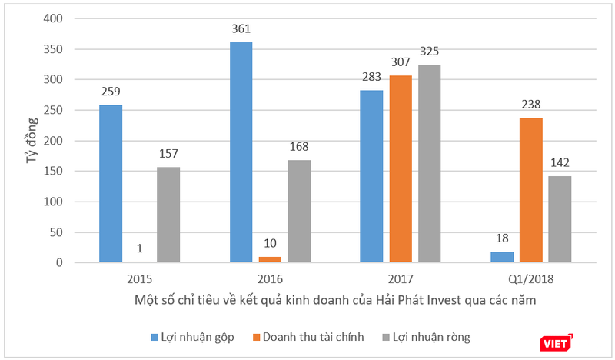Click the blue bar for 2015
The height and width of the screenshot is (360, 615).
(111, 184)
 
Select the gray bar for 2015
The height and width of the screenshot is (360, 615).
(168, 215)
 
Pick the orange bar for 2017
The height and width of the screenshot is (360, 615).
(401, 169)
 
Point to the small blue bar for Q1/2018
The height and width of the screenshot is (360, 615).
(502, 257)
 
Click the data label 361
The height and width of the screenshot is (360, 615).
(241, 29)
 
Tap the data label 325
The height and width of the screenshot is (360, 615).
(430, 52)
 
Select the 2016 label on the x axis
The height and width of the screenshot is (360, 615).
(270, 278)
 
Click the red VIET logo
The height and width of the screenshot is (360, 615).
(554, 342)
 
